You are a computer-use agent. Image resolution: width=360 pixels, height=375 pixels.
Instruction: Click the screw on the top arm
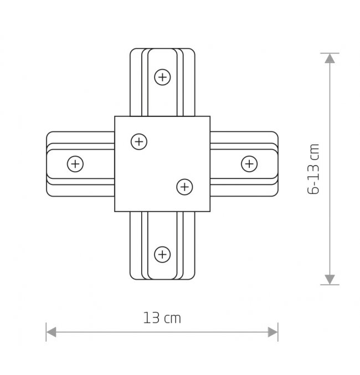tap(162, 77)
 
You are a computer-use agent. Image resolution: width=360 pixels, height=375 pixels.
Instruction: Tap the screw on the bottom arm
tap(162, 254)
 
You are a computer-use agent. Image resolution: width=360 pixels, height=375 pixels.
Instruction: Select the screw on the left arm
tap(75, 164)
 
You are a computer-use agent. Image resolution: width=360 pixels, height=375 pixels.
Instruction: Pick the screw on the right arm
tap(249, 164)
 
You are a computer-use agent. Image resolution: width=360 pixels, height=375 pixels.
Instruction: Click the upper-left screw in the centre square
tap(139, 142)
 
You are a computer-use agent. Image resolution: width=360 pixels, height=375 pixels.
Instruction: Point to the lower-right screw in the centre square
tap(184, 187)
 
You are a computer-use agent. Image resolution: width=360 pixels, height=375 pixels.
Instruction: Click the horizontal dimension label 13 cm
tap(162, 318)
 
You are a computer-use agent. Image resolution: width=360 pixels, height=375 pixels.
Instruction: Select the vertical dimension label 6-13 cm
tap(313, 169)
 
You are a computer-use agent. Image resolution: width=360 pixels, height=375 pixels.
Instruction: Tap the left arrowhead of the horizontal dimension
tap(51, 332)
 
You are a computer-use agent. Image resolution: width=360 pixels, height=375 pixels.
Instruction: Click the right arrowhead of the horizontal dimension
tap(273, 332)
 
